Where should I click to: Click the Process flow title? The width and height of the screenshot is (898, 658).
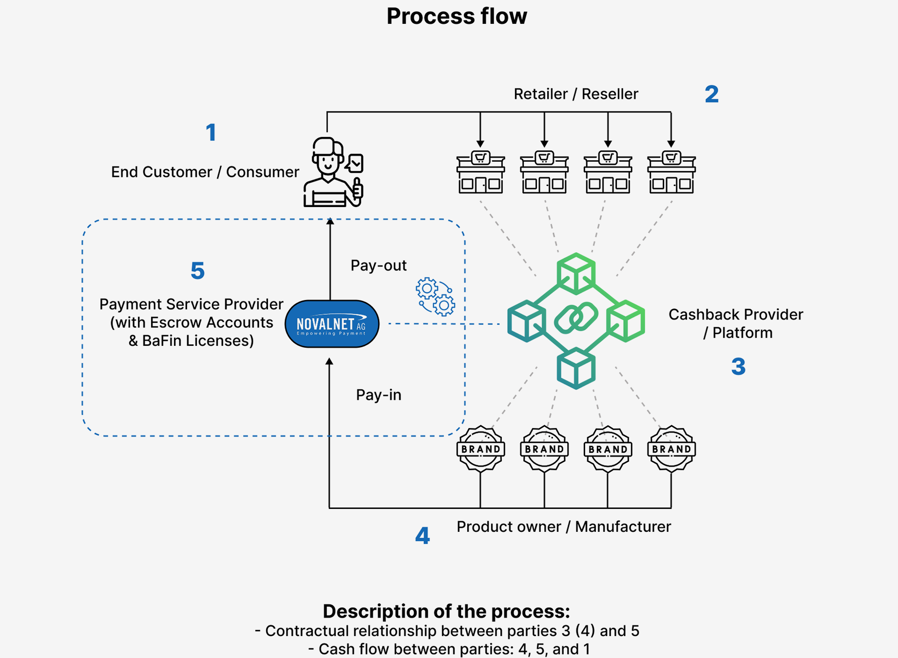457,16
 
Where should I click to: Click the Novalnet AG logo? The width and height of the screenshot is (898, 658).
332,324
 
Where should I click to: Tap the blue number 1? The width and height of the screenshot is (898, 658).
211,132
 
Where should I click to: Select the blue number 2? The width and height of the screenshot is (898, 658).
711,94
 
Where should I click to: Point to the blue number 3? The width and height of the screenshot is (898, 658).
738,366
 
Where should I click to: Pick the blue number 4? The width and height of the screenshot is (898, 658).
422,536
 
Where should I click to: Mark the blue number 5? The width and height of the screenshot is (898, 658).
197,271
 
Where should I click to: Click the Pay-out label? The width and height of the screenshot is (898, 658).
378,265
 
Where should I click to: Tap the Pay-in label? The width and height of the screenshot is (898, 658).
378,395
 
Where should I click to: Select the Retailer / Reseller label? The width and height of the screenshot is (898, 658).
575,94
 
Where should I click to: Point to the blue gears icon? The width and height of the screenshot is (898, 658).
435,297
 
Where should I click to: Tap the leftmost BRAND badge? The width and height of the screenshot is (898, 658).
480,449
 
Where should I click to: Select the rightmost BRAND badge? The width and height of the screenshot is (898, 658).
671,449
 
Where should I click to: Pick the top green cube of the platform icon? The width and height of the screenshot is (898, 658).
576,273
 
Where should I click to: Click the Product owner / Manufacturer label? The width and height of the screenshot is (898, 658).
563,526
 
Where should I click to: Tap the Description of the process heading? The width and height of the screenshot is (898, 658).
446,611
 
